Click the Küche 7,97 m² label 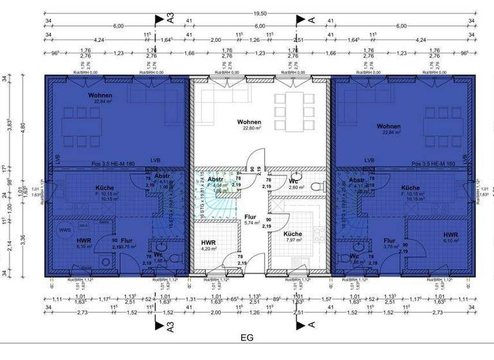click(x=293, y=237)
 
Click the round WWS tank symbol click(x=65, y=230)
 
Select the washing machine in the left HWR click(x=105, y=264)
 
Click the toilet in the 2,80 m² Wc click(x=316, y=186)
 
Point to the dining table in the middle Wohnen click(x=292, y=111)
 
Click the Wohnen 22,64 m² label click(x=100, y=98)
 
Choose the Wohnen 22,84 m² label click(x=389, y=129)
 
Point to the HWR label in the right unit click(x=450, y=236)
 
